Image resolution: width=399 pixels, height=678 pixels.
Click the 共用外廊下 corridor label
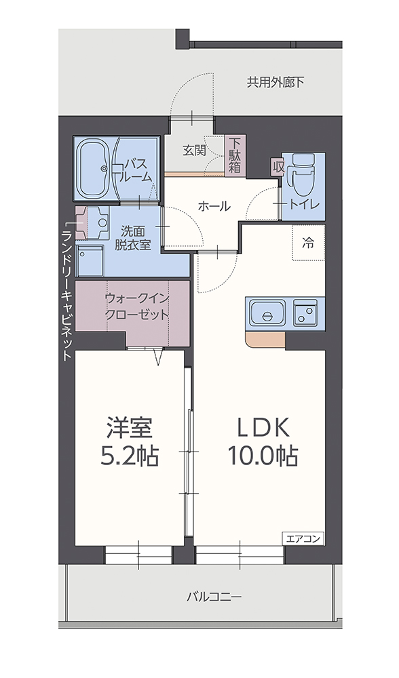[275, 82]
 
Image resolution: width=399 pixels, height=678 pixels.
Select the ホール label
[214, 207]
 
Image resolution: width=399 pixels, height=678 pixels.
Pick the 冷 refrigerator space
[308, 243]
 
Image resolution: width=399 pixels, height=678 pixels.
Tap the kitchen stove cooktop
[305, 313]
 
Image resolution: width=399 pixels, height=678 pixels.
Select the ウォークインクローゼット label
[137, 306]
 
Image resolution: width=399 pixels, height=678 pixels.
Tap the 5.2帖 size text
[130, 456]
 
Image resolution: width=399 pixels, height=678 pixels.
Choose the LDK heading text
[263, 428]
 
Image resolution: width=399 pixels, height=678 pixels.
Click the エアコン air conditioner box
[303, 539]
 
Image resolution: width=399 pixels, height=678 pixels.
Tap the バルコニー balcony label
[214, 597]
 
